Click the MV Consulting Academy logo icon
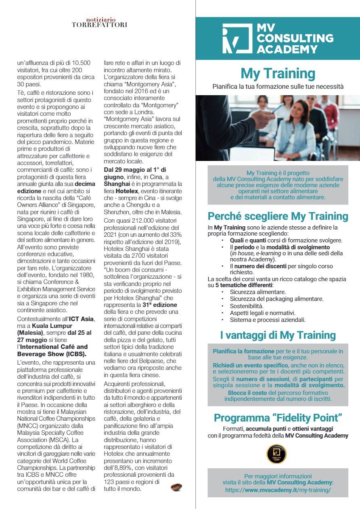coord(237,39)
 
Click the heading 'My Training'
coord(278,74)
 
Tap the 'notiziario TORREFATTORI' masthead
coord(99,23)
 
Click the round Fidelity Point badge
coord(276,455)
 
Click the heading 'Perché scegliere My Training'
coord(278,216)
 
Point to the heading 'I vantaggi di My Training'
coord(278,335)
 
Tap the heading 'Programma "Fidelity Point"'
coord(278,417)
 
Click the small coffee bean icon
coord(176,487)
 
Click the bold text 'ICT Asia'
coord(81,319)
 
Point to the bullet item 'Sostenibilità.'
coord(247,306)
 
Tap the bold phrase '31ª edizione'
coord(161,305)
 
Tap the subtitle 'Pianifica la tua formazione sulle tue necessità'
coord(278,86)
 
